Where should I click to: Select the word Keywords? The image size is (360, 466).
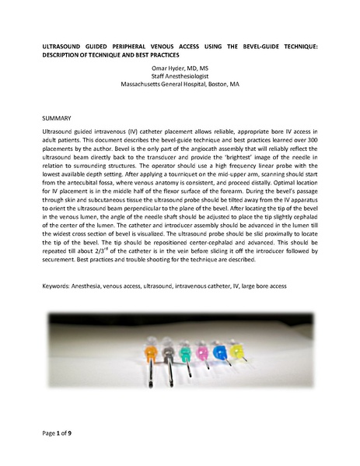(x=57, y=286)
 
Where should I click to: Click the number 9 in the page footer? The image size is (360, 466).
(x=79, y=430)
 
